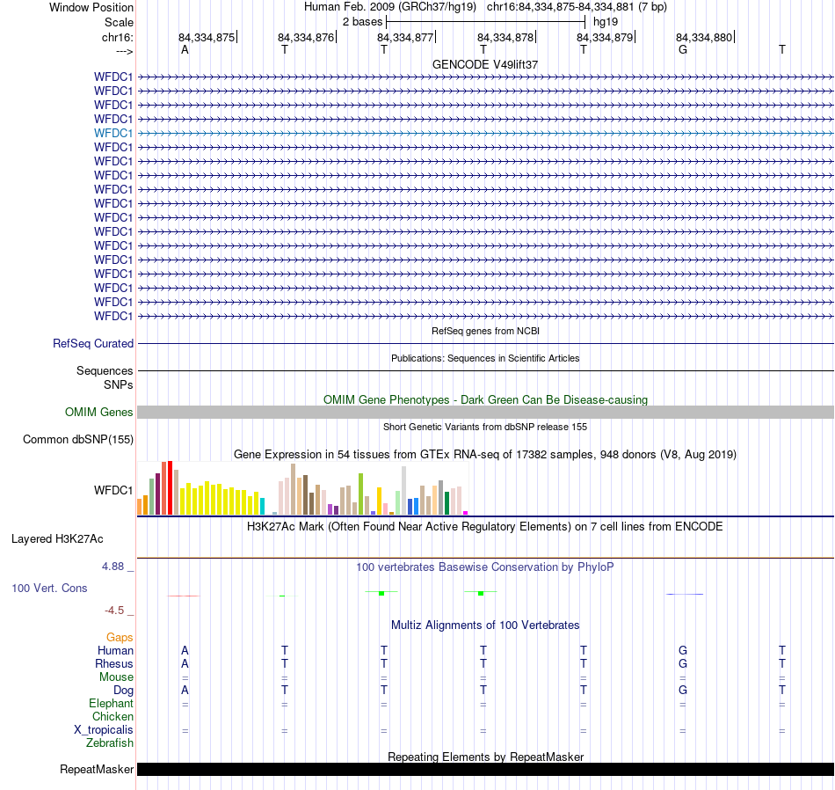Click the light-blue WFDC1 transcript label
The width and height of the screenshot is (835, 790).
pos(113,133)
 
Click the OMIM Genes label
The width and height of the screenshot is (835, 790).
pos(99,412)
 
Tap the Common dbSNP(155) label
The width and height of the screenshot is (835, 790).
pos(78,439)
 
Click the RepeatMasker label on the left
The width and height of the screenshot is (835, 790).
pos(97,770)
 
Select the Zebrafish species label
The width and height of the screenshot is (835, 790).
pos(110,743)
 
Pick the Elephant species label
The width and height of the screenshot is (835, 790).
pos(111,704)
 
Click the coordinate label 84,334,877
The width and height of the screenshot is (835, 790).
pos(405,38)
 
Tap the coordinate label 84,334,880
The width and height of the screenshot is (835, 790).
pos(703,38)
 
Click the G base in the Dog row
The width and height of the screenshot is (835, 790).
pos(683,691)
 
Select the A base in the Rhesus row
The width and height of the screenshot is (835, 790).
pos(185,663)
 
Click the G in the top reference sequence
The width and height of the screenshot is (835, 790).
pos(683,50)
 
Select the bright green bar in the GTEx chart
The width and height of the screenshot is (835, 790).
pos(360,494)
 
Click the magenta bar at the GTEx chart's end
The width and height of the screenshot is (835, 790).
pos(465,512)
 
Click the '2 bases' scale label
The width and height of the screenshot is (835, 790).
pos(362,21)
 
